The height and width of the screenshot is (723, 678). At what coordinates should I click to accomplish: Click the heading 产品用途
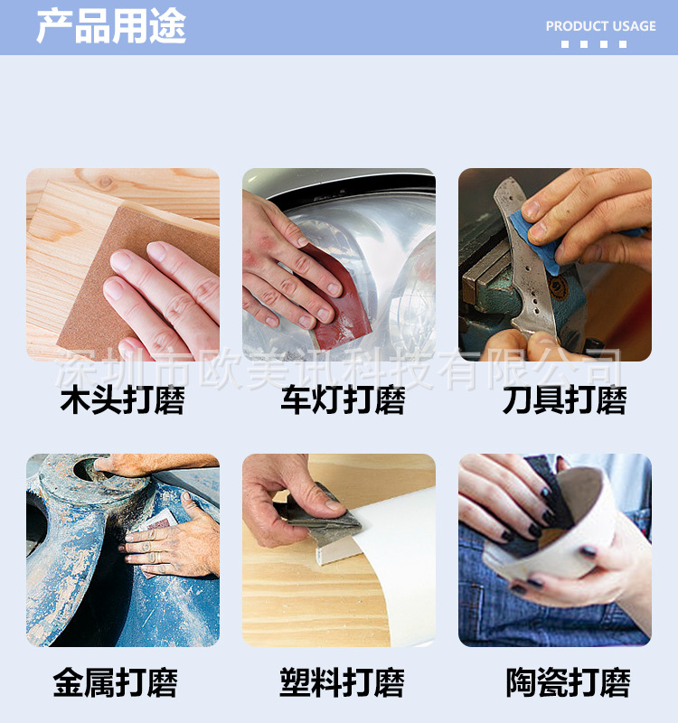[110, 26]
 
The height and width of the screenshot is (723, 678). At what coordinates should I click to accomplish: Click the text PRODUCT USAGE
[600, 26]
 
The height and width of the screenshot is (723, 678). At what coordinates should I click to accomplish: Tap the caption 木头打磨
[122, 400]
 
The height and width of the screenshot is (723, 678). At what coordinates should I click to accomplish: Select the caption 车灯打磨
[342, 400]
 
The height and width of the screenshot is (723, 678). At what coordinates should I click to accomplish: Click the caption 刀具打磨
[564, 400]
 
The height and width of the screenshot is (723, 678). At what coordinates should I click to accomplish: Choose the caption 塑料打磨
[342, 682]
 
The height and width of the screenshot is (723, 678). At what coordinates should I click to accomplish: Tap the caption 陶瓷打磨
[568, 682]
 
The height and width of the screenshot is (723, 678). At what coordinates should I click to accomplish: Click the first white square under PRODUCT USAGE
[565, 44]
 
